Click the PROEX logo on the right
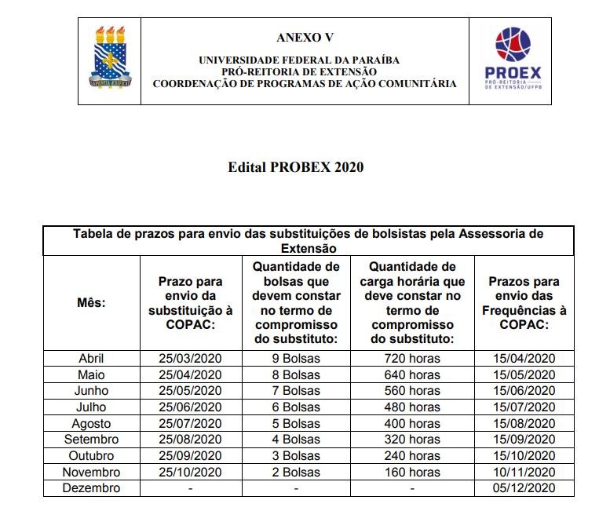pos(515,60)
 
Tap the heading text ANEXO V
pos(299,38)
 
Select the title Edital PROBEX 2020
pos(296,167)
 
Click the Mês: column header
pos(91,302)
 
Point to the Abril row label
pos(91,358)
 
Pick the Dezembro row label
pos(91,488)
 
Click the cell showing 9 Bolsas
pos(296,358)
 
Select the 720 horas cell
pos(412,358)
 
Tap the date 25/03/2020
pos(191,358)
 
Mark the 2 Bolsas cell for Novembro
pos(296,472)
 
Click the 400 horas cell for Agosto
pos(412,423)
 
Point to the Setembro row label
pos(91,440)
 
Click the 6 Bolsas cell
pos(296,407)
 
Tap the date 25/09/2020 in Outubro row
pos(191,456)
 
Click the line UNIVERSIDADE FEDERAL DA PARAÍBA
pos(299,60)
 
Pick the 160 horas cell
pos(412,472)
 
